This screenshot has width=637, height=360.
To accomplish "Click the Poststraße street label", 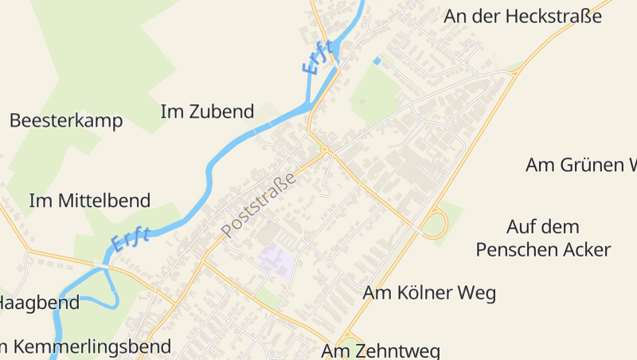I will tap(259, 204).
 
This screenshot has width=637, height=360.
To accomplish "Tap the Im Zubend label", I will tap(207, 112).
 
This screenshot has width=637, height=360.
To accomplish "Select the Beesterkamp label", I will tap(66, 121).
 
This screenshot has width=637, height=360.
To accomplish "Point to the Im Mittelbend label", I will tap(89, 201).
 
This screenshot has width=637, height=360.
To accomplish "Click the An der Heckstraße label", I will tap(522, 16).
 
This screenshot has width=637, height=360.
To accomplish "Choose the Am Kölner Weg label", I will tap(429, 293).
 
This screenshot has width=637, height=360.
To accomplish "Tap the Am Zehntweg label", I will tap(381, 350).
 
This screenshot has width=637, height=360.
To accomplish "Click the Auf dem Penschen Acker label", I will tap(543, 238).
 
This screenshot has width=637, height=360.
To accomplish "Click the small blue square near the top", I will tap(377, 61).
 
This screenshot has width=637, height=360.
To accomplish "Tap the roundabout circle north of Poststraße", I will tap(324, 149).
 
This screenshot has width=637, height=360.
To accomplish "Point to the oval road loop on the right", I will tap(435, 224).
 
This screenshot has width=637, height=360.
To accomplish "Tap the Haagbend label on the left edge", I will tap(38, 303).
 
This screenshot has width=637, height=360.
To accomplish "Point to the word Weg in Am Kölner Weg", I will tap(477, 293).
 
